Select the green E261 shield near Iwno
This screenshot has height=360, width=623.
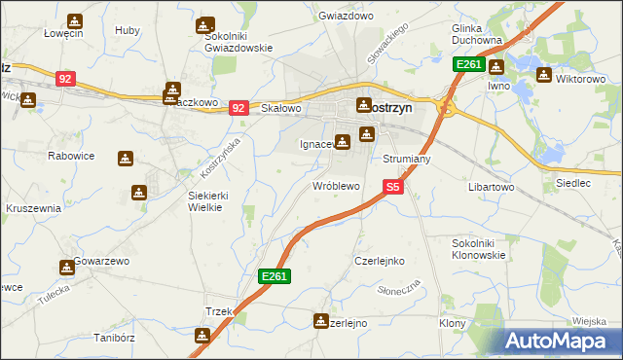pyautogui.click(x=468, y=64)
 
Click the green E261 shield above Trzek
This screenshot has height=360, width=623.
pyautogui.click(x=274, y=277)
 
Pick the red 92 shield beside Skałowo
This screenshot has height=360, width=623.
pyautogui.click(x=238, y=109)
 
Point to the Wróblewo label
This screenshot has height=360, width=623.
pyautogui.click(x=336, y=185)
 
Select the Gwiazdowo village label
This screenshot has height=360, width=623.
pyautogui.click(x=346, y=17)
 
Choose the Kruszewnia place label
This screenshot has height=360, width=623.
pyautogui.click(x=34, y=208)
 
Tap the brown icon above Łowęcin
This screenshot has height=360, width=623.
pyautogui.click(x=76, y=19)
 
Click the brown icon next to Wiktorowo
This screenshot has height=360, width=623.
pyautogui.click(x=543, y=75)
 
